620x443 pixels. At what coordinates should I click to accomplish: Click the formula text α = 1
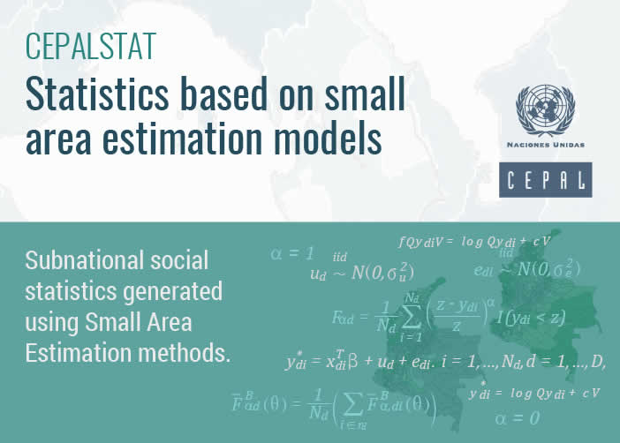pos(292,254)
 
